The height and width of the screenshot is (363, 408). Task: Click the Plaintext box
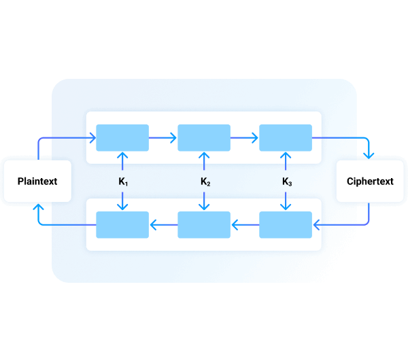click(37, 181)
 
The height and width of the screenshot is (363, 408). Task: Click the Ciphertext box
click(370, 181)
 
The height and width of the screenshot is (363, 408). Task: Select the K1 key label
click(123, 181)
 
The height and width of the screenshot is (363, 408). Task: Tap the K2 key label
click(205, 181)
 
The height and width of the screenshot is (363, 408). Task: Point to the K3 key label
click(286, 181)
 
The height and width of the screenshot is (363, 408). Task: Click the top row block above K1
click(122, 138)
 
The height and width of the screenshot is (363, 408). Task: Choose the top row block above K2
click(204, 138)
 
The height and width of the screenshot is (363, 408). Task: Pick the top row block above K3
click(286, 138)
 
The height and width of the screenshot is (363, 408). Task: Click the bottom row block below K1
click(122, 224)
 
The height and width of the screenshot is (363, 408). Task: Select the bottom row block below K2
click(204, 224)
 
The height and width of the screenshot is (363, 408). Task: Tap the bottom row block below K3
click(286, 224)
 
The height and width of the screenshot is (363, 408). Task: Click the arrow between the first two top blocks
click(163, 138)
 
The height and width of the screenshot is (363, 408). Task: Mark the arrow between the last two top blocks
click(245, 138)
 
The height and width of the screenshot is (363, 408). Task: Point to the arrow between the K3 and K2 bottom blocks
click(245, 224)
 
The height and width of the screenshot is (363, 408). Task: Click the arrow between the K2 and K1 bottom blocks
click(163, 224)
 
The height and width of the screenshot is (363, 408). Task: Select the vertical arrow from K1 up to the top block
click(123, 163)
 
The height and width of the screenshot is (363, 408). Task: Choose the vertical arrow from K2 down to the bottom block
click(205, 200)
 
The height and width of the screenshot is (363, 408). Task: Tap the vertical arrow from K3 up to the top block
click(286, 163)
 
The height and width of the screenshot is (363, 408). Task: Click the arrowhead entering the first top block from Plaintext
click(92, 138)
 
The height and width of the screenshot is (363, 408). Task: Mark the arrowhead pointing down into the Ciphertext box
click(369, 155)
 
